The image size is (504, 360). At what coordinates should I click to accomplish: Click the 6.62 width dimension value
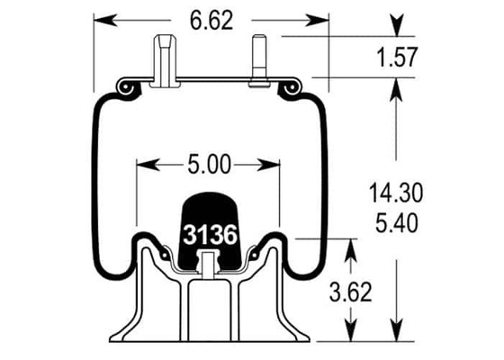click(x=211, y=22)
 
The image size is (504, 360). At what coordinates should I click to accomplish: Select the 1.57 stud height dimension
click(x=397, y=58)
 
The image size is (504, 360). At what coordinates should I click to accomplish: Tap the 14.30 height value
click(x=396, y=193)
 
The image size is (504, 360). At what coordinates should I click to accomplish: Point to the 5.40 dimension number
click(x=397, y=223)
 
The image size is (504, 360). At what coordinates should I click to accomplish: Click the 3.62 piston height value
click(x=351, y=292)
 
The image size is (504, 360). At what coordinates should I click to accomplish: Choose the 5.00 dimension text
click(x=209, y=164)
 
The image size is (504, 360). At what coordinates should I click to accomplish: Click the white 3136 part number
click(x=211, y=235)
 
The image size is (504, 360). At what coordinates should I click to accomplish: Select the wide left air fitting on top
click(x=166, y=61)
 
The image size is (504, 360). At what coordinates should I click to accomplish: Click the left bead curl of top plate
click(x=128, y=88)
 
